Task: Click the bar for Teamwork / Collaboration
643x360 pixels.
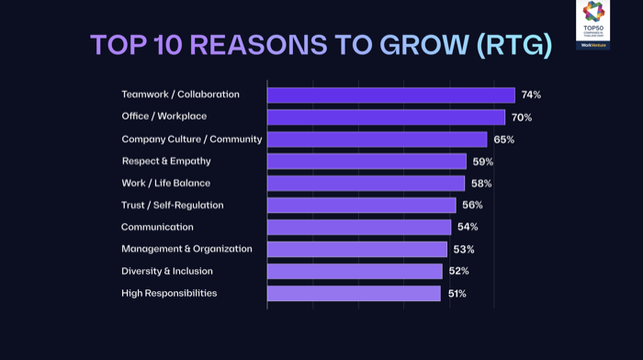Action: tap(390, 95)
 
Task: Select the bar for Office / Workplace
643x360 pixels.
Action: tap(386, 117)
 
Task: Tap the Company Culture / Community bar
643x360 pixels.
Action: tap(377, 140)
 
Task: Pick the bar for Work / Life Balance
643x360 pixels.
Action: tap(366, 184)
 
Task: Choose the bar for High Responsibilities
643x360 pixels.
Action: tap(354, 294)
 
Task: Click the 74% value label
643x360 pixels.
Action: tap(531, 95)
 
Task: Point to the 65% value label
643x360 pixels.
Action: tap(503, 140)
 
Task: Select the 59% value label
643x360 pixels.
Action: tap(483, 162)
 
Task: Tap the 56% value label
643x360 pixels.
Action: tap(472, 206)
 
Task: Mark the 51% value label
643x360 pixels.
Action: tap(457, 294)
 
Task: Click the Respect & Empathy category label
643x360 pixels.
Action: tap(166, 161)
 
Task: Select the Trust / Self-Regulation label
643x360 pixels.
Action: tap(173, 205)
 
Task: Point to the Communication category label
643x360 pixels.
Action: tap(157, 227)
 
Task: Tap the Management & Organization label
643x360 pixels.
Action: tap(186, 249)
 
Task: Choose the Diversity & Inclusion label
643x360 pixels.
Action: tap(167, 271)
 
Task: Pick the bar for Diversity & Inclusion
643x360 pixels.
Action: tap(355, 272)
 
